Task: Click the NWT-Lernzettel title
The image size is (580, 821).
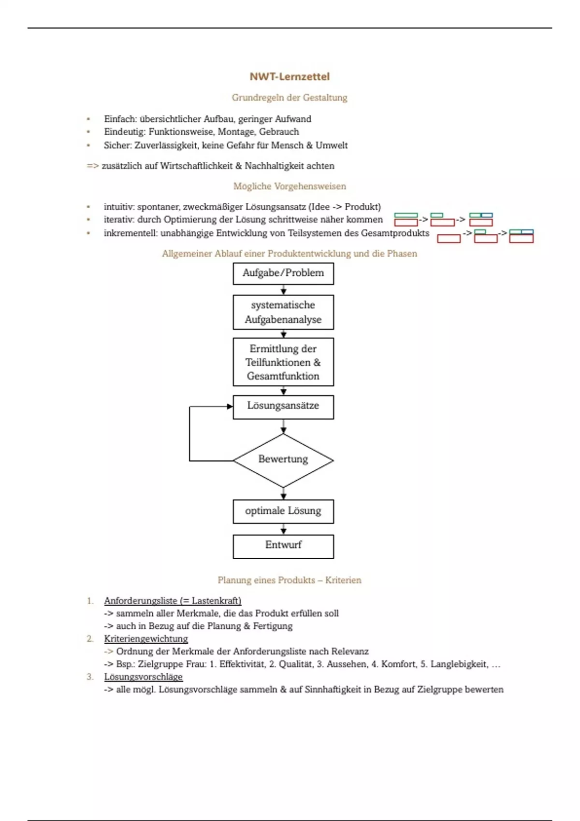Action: click(x=290, y=76)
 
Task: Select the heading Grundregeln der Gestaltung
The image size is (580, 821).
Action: click(x=290, y=98)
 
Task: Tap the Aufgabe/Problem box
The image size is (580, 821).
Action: click(x=283, y=273)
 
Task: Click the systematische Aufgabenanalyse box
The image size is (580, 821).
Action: click(x=283, y=312)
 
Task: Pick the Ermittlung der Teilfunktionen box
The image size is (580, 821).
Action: click(x=283, y=362)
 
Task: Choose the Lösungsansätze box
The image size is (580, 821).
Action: click(x=283, y=407)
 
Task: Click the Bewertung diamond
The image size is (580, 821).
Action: click(x=283, y=460)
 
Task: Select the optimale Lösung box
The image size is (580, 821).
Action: click(x=283, y=511)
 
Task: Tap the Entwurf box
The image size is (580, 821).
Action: click(x=283, y=546)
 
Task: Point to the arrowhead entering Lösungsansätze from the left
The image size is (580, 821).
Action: click(x=230, y=407)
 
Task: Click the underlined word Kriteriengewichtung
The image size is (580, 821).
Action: click(x=146, y=638)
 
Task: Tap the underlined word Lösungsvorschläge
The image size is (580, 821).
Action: click(x=143, y=677)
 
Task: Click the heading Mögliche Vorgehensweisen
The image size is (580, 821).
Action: click(x=290, y=186)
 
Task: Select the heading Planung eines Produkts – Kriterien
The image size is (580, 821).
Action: click(x=290, y=580)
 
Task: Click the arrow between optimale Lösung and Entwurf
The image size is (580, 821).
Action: click(x=283, y=529)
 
